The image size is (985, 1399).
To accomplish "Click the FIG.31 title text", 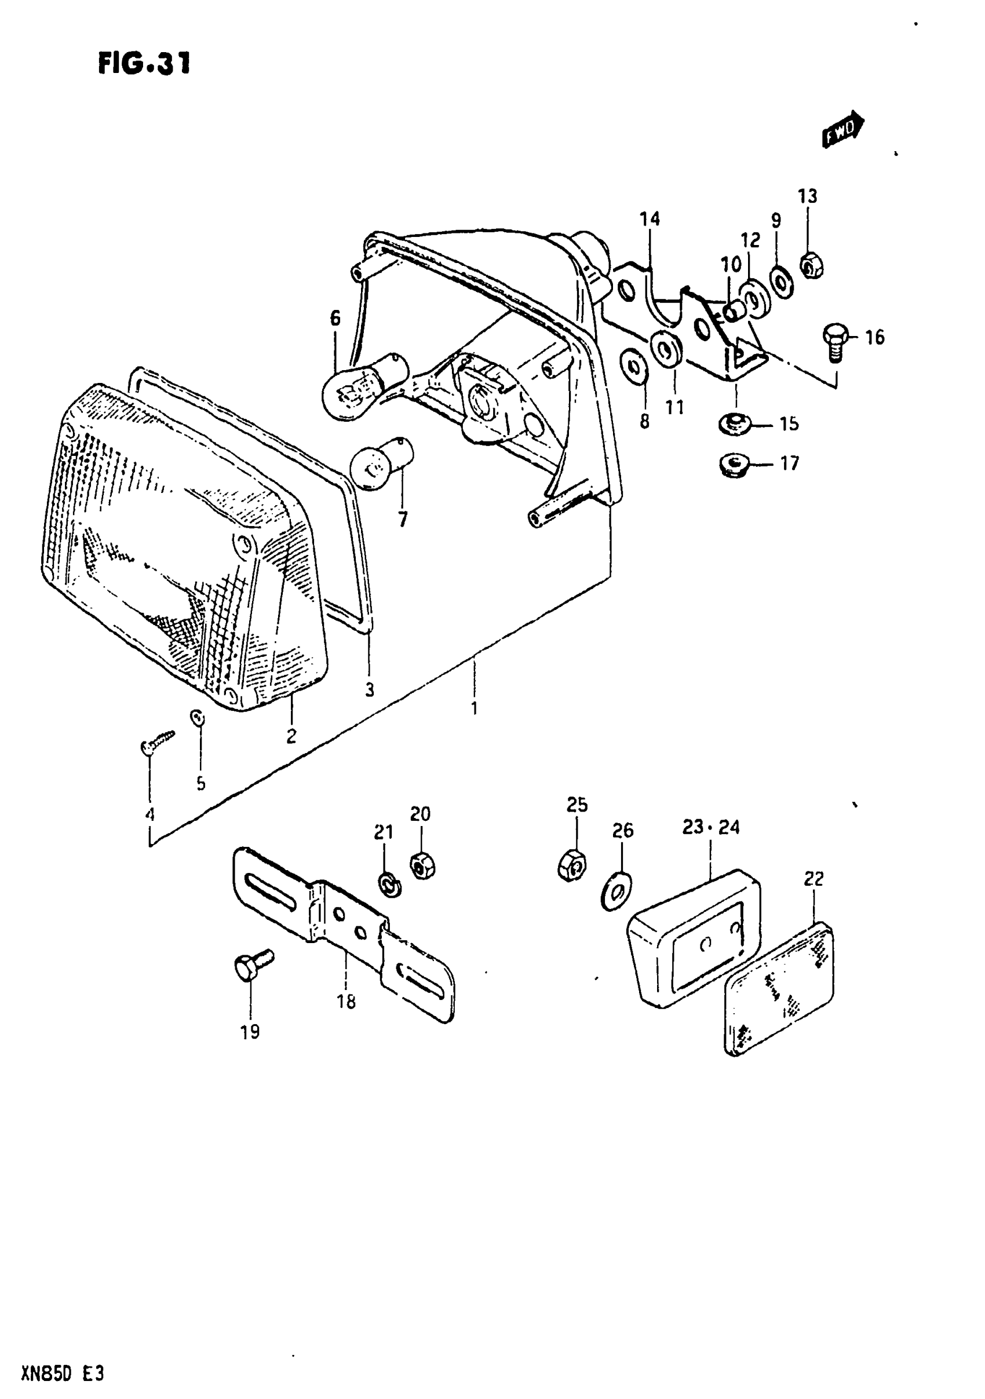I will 144,63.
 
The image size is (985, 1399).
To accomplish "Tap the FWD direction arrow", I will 843,129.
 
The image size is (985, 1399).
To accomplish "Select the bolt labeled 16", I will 834,340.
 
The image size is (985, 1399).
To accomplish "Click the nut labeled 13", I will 811,264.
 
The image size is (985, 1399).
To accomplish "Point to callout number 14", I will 650,218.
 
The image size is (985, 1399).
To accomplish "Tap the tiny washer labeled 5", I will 197,718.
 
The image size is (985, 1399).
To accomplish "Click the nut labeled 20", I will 422,865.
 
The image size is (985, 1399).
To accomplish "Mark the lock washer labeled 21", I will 388,884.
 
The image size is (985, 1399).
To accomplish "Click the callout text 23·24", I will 711,827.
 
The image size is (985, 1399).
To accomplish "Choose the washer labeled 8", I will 633,368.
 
